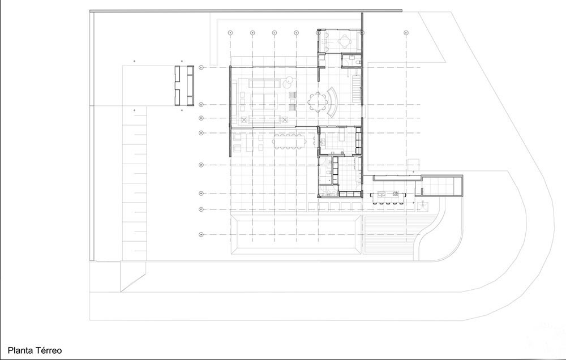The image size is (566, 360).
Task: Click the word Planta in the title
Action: pyautogui.click(x=20, y=351)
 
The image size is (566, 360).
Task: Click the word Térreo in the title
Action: pyautogui.click(x=48, y=351)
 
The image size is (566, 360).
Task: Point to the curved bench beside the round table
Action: pyautogui.click(x=333, y=101)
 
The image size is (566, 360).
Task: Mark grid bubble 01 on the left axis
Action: pyautogui.click(x=201, y=68)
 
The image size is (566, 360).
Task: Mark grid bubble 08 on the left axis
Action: pyautogui.click(x=201, y=234)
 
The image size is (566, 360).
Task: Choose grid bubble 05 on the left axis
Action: pyautogui.click(x=201, y=165)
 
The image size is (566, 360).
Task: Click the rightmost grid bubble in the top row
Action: pyautogui.click(x=406, y=33)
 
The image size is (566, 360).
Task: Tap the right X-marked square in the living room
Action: pyautogui.click(x=285, y=119)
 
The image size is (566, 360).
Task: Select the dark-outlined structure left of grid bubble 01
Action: pyautogui.click(x=184, y=85)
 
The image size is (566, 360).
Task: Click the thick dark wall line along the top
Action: pyautogui.click(x=246, y=11)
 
